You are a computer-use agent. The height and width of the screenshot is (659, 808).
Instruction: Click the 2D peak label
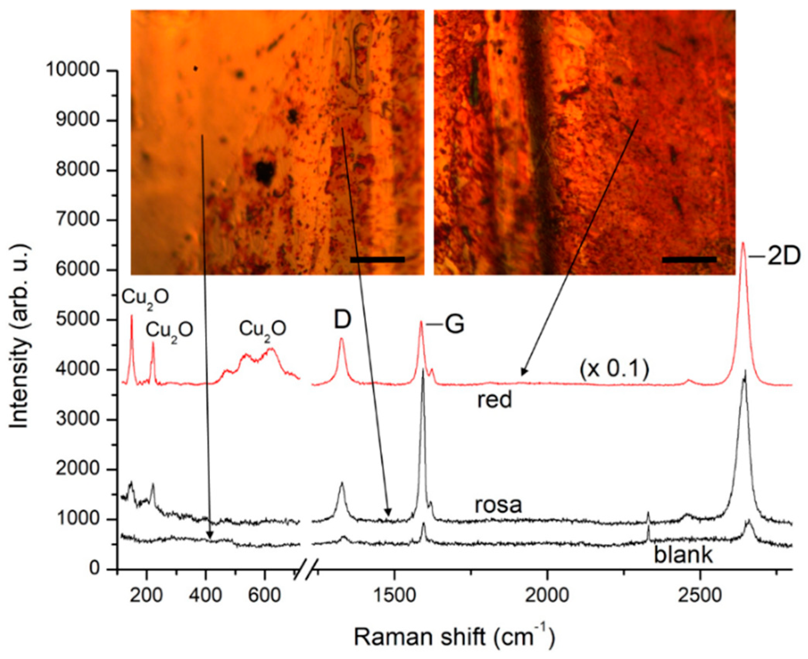pyautogui.click(x=783, y=257)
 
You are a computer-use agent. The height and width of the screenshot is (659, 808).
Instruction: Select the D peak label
pyautogui.click(x=343, y=320)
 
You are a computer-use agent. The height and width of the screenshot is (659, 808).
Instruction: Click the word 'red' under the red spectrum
pyautogui.click(x=494, y=400)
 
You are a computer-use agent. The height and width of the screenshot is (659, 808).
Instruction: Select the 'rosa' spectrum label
pyautogui.click(x=498, y=505)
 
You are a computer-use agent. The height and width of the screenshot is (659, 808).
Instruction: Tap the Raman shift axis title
pyautogui.click(x=454, y=637)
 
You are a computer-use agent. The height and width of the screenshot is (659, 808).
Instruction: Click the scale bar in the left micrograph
pyautogui.click(x=377, y=260)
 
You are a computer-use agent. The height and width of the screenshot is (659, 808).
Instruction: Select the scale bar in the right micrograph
pyautogui.click(x=689, y=260)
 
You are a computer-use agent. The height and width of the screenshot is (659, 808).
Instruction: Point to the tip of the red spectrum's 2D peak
pyautogui.click(x=743, y=243)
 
